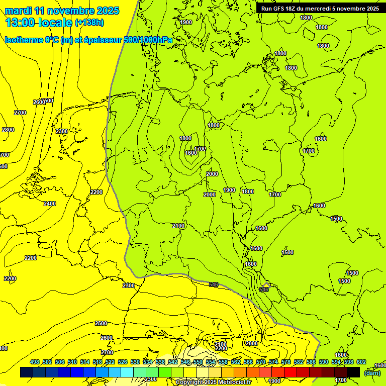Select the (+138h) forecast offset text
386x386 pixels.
(x=89, y=22)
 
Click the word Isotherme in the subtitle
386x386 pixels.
(x=24, y=40)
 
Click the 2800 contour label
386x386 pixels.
(x=8, y=130)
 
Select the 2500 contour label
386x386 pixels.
(x=101, y=323)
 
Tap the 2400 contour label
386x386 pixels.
(x=50, y=204)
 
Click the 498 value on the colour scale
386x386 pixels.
(x=35, y=362)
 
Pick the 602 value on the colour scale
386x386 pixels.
(x=361, y=362)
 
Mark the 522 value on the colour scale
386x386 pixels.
(x=110, y=362)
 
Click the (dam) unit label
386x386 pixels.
(x=372, y=372)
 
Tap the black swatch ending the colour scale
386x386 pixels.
(x=353, y=372)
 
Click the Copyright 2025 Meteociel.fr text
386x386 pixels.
(x=213, y=382)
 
